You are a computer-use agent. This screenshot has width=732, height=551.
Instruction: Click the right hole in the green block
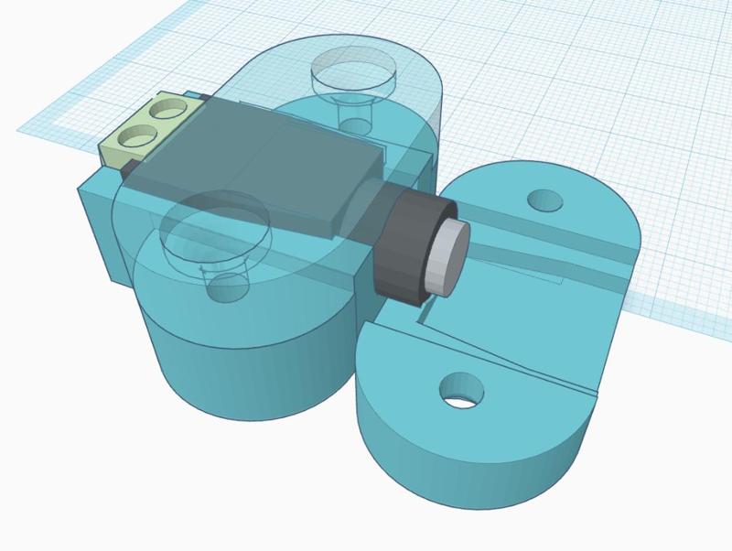pyautogui.click(x=167, y=111)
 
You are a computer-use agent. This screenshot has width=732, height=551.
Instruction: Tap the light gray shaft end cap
pyautogui.click(x=449, y=257)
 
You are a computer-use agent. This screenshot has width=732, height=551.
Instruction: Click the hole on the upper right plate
pyautogui.click(x=547, y=199)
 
